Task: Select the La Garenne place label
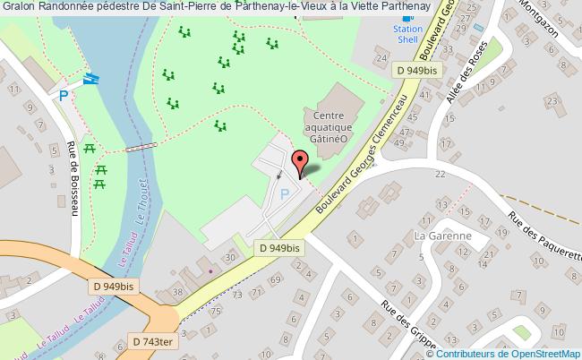(x=443, y=236)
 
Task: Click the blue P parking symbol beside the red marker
(x=285, y=193)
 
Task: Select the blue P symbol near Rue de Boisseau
(x=64, y=94)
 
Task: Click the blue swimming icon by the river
(x=90, y=78)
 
